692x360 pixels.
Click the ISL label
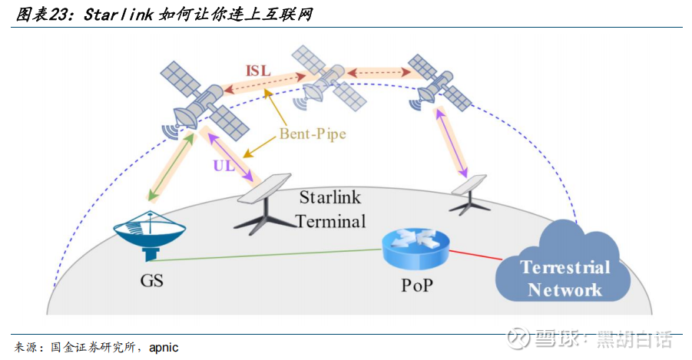coord(258,70)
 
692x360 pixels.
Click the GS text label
coord(151,280)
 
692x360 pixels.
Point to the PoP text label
coord(417,286)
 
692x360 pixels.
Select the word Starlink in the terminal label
coord(328,197)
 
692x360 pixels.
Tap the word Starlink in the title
coord(113,14)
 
